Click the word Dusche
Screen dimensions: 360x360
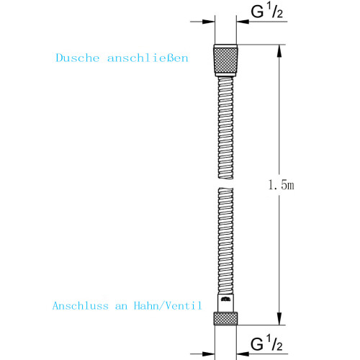point(78,58)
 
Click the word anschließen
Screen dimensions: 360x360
point(148,58)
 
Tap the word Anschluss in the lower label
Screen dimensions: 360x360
point(81,306)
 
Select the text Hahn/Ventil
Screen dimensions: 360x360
point(168,306)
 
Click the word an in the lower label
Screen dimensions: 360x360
point(121,307)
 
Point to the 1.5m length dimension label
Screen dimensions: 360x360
point(281,185)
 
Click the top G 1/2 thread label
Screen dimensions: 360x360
point(266,11)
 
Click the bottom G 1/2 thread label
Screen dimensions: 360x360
point(266,343)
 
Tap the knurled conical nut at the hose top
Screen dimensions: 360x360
point(225,60)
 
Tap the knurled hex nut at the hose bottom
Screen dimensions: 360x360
point(225,319)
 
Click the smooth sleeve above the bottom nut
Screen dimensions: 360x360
point(225,303)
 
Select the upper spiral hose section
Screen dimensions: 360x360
point(225,127)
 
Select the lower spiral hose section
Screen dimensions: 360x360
point(225,241)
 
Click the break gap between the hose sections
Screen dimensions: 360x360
point(225,184)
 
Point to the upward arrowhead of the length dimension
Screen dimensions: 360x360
point(279,51)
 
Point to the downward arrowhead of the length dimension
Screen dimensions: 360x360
point(279,319)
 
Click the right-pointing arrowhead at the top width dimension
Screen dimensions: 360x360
point(208,22)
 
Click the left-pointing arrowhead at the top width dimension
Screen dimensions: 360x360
point(243,22)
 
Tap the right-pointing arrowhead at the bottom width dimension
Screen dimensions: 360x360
point(208,354)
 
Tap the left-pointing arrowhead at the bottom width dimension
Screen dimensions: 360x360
point(243,354)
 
